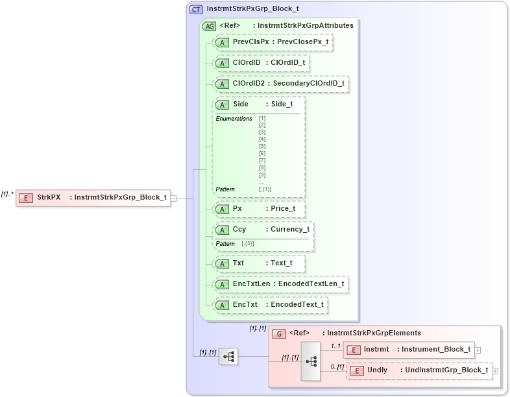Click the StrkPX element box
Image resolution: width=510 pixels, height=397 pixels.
pyautogui.click(x=93, y=198)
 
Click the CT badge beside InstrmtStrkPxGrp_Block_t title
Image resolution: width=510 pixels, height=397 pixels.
pyautogui.click(x=196, y=9)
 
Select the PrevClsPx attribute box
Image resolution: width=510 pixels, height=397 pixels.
pyautogui.click(x=273, y=42)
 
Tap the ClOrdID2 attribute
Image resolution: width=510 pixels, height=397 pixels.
pyautogui.click(x=281, y=84)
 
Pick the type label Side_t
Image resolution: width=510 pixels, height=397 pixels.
pyautogui.click(x=282, y=104)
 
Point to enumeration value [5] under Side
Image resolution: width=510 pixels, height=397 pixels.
pyautogui.click(x=262, y=147)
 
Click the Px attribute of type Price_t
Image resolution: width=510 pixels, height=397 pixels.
pyautogui.click(x=259, y=209)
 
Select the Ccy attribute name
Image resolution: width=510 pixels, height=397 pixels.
pyautogui.click(x=239, y=230)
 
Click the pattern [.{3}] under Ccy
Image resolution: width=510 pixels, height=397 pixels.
pyautogui.click(x=247, y=243)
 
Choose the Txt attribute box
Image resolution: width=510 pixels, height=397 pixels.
pyautogui.click(x=259, y=263)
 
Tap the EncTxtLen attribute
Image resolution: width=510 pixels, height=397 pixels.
pyautogui.click(x=280, y=284)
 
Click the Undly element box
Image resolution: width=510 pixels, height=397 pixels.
pyautogui.click(x=420, y=370)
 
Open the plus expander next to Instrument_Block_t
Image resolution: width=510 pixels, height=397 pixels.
pyautogui.click(x=478, y=350)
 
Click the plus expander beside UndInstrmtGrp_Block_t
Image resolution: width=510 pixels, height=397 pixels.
pyautogui.click(x=495, y=370)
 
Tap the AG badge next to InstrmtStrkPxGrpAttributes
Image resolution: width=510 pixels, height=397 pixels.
pyautogui.click(x=210, y=26)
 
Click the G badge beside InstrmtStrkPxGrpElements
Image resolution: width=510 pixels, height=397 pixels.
pyautogui.click(x=278, y=333)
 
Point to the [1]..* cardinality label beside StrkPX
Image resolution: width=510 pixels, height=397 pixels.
pyautogui.click(x=7, y=194)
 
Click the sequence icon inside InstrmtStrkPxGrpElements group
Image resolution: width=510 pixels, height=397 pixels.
pyautogui.click(x=311, y=361)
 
